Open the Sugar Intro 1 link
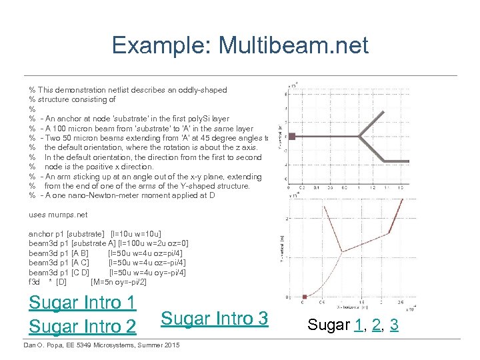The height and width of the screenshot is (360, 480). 83,303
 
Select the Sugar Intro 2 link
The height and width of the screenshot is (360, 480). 83,327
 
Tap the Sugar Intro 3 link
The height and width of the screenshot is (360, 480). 215,319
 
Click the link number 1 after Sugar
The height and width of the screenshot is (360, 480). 361,325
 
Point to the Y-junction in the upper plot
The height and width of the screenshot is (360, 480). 363,137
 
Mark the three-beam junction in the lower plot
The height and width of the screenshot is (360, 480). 342,252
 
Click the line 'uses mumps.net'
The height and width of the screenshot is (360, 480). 58,215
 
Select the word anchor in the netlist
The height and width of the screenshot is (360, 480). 40,234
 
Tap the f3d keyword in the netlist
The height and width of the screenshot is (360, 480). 35,282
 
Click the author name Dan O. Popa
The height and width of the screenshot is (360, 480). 47,345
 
